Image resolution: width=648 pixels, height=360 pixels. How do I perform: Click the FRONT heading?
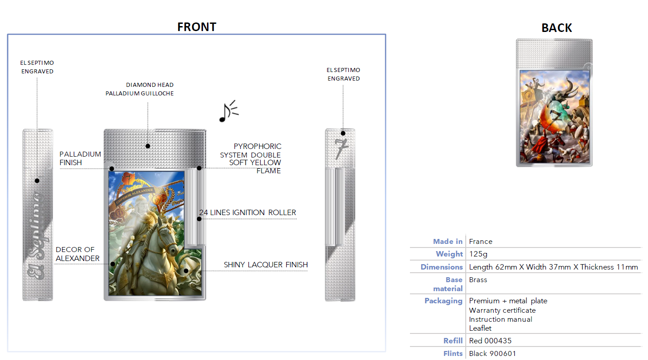[197, 27]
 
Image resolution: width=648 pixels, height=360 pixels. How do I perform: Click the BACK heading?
[557, 28]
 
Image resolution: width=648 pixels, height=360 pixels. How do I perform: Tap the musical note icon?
[229, 112]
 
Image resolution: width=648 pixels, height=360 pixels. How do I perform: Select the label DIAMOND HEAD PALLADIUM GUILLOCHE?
[139, 89]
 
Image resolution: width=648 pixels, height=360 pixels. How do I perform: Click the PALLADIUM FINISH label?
[80, 158]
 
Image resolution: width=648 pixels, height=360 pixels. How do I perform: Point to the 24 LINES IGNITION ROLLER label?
[247, 212]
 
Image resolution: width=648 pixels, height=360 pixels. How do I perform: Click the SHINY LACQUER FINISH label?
[265, 265]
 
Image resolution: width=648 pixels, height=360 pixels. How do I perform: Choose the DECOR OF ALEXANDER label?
[77, 254]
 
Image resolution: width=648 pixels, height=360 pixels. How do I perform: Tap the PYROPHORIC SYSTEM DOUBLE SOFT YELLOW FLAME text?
[251, 158]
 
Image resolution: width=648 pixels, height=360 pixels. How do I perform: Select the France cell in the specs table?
[481, 241]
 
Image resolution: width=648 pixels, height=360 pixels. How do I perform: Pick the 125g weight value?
[478, 254]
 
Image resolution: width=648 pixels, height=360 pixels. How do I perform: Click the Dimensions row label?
[441, 267]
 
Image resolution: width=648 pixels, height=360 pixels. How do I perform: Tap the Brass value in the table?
[478, 279]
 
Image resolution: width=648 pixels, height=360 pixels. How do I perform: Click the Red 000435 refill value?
[490, 341]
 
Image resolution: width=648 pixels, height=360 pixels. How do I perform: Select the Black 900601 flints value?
[492, 353]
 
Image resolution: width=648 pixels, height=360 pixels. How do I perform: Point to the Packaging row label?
[444, 301]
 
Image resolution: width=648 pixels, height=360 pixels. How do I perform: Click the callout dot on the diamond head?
[148, 146]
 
